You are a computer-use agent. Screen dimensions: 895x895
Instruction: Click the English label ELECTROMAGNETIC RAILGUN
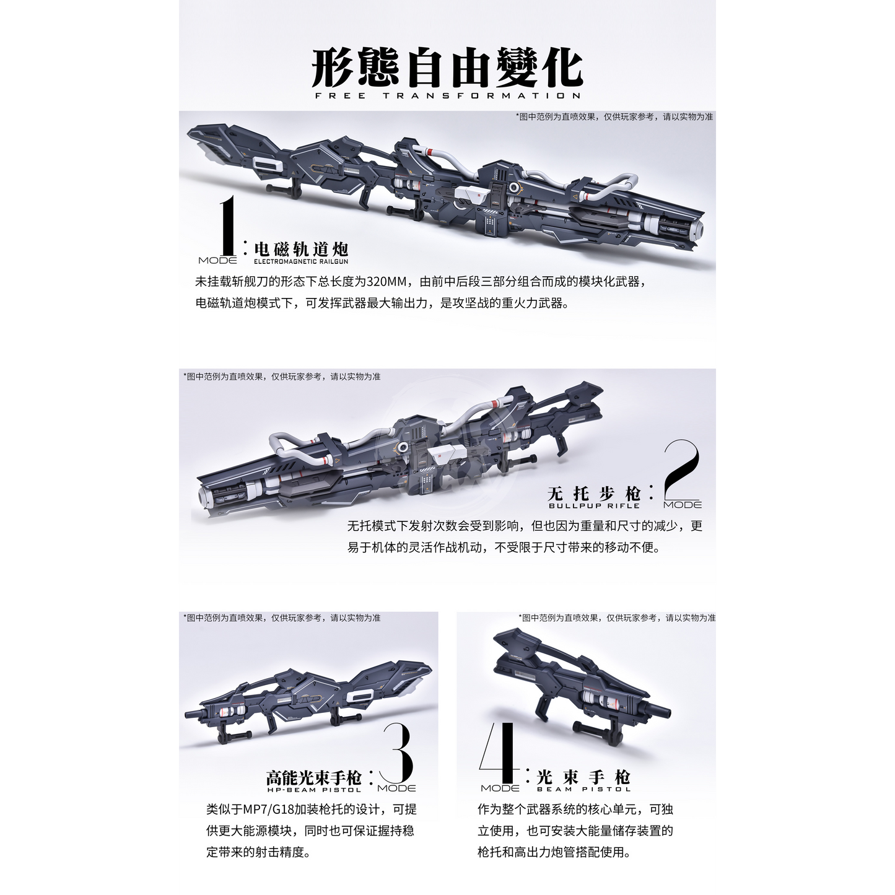point(301,261)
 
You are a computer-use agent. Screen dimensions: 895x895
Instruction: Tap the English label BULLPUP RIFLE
point(594,506)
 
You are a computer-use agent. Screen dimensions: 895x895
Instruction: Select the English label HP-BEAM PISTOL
point(314,789)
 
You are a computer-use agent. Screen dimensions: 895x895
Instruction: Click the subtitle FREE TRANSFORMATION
point(447,95)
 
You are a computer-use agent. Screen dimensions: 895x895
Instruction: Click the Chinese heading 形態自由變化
point(447,68)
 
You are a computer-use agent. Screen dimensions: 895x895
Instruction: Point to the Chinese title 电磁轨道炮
point(301,249)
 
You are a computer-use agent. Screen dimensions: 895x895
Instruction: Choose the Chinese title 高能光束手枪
point(314,777)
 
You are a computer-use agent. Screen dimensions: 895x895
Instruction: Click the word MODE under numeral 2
point(683,505)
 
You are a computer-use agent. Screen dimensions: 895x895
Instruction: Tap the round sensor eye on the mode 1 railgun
point(513,187)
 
